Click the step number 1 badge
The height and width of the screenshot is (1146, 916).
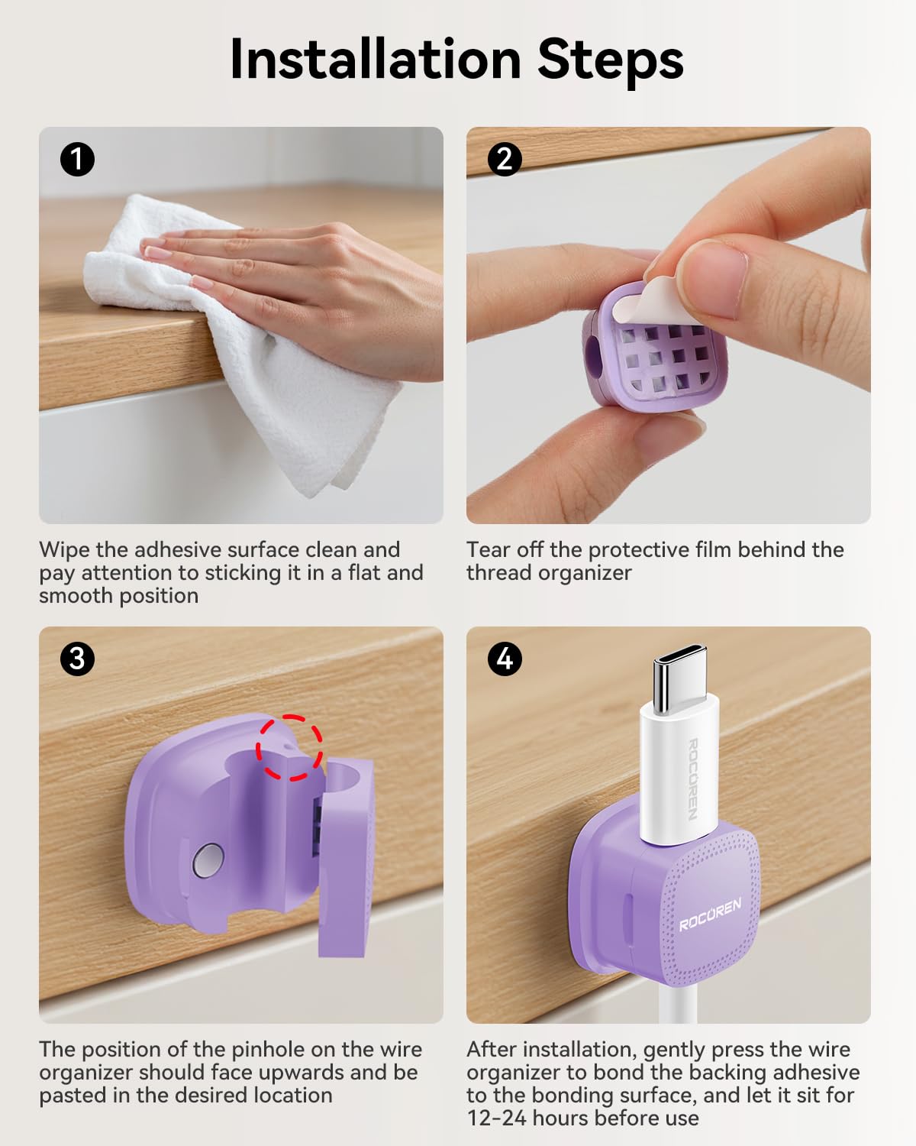pyautogui.click(x=77, y=160)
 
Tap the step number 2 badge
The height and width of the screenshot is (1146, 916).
pyautogui.click(x=505, y=160)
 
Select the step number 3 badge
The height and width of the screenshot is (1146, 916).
pyautogui.click(x=77, y=658)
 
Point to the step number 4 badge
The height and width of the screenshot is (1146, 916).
pyautogui.click(x=505, y=658)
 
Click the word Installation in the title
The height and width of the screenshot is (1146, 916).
pyautogui.click(x=374, y=60)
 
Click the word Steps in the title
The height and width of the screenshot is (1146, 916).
pyautogui.click(x=610, y=60)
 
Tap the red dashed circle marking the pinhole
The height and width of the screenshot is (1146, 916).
pyautogui.click(x=289, y=747)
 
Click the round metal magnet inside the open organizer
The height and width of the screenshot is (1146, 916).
pyautogui.click(x=208, y=860)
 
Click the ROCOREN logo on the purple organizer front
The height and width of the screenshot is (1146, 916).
pyautogui.click(x=710, y=914)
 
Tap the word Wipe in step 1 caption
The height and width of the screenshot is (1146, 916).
pyautogui.click(x=65, y=550)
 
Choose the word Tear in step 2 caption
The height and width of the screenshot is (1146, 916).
pyautogui.click(x=489, y=550)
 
